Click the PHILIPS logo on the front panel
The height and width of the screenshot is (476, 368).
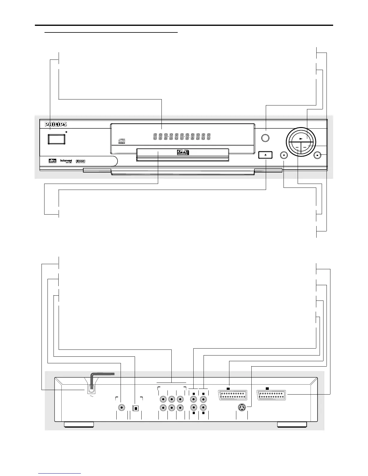click(56, 124)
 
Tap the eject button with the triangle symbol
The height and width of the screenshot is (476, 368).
click(266, 155)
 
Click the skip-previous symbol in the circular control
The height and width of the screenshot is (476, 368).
click(297, 147)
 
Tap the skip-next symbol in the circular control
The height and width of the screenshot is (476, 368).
click(305, 147)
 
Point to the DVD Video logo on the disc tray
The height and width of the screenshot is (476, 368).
click(182, 153)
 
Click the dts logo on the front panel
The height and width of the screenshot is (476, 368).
click(53, 161)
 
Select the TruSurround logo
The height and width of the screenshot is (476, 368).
click(66, 161)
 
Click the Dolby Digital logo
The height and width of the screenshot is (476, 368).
click(80, 161)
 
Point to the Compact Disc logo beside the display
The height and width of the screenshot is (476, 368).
click(121, 141)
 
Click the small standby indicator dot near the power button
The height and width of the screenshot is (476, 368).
click(66, 132)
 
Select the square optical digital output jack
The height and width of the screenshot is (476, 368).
click(135, 408)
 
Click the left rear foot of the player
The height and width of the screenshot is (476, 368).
click(79, 425)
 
